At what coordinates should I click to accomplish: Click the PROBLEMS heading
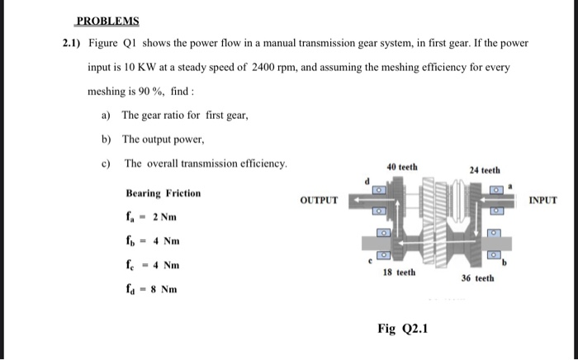(x=107, y=21)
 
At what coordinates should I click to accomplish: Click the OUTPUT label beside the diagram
(x=318, y=201)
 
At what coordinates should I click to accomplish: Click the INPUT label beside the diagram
(x=542, y=200)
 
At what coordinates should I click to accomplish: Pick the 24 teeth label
(x=484, y=170)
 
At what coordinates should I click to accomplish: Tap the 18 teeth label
(x=400, y=272)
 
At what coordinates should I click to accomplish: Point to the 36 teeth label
(x=478, y=278)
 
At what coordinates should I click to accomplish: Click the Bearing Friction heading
(x=163, y=193)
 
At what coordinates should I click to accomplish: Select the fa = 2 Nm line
(x=151, y=218)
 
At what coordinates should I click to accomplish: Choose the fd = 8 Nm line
(x=151, y=290)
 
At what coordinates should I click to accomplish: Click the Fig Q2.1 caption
(x=402, y=329)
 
